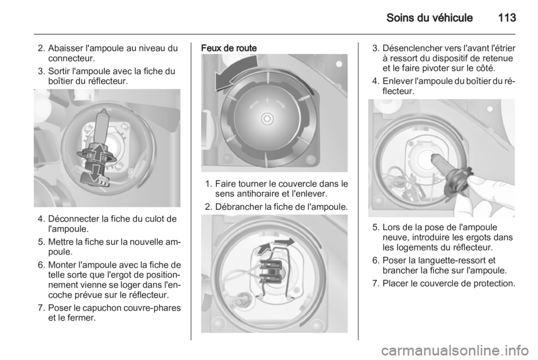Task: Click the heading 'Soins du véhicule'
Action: pos(429,17)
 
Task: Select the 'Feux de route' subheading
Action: pos(229,48)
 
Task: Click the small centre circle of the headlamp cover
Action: pos(267,119)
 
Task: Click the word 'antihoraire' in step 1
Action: pos(257,194)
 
